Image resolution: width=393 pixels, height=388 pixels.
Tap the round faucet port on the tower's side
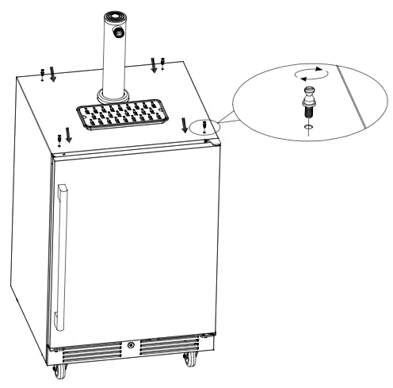click(120, 31)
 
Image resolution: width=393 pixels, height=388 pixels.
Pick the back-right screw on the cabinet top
click(162, 62)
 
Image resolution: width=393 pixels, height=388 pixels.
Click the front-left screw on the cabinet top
click(60, 140)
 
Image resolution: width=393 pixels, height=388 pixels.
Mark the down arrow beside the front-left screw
click(69, 137)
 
